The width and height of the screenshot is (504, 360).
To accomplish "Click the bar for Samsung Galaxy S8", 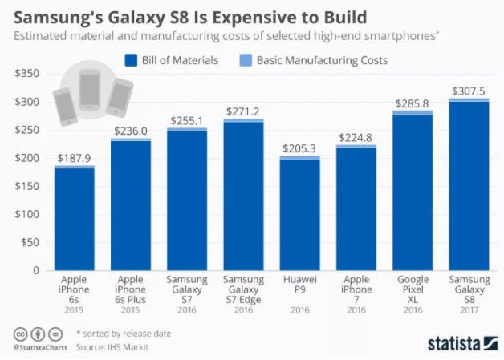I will click(x=468, y=184).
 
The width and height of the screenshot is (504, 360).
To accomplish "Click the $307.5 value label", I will click(x=468, y=91).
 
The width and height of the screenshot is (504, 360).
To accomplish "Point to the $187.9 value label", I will click(x=74, y=157).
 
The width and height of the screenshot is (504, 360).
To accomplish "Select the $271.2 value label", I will click(x=243, y=111).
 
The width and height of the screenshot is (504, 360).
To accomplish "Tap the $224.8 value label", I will click(x=356, y=137).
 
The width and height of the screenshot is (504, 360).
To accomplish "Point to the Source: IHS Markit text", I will click(x=114, y=347).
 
